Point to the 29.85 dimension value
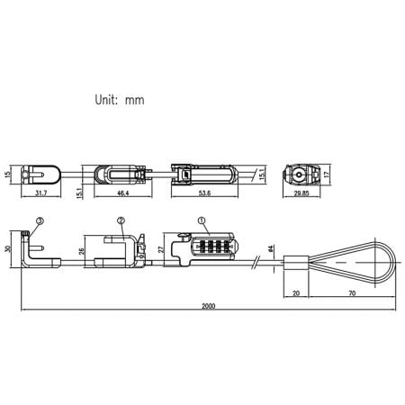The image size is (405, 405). coord(301,193)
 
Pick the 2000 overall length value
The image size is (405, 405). coord(209,306)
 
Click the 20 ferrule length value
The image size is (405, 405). coord(296,293)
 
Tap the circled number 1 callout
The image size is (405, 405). coord(200,220)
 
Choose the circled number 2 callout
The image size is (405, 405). coord(121,220)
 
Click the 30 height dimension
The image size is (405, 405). coord(8,249)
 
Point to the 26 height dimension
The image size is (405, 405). coord(83,251)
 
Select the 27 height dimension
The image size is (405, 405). coord(161,247)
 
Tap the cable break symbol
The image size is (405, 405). coord(259,264)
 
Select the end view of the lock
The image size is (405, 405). coord(300,174)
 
